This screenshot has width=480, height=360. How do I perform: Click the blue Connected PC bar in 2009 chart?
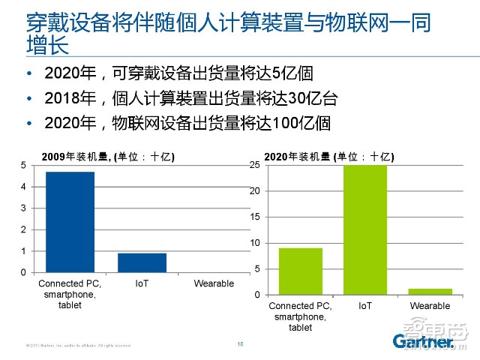pyautogui.click(x=70, y=222)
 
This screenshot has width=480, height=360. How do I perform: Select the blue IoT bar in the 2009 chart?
pyautogui.click(x=142, y=262)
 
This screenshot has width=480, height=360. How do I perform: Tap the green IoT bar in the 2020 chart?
pyautogui.click(x=366, y=229)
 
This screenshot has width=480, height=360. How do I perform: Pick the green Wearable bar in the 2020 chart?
pyautogui.click(x=430, y=291)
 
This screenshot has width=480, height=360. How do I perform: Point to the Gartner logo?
pyautogui.click(x=423, y=342)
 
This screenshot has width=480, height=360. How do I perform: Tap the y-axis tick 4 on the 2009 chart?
pyautogui.click(x=22, y=187)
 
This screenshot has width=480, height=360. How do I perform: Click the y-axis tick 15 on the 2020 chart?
pyautogui.click(x=255, y=217)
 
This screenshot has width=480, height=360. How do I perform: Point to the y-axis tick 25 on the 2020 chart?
pyautogui.click(x=255, y=165)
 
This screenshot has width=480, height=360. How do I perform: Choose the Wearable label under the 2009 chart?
pyautogui.click(x=214, y=283)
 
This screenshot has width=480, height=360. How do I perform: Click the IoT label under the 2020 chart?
pyautogui.click(x=365, y=306)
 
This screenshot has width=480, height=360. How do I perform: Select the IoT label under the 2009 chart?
pyautogui.click(x=142, y=283)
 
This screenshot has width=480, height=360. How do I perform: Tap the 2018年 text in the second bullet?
pyautogui.click(x=65, y=98)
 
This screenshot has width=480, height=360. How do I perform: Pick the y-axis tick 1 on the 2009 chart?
pyautogui.click(x=22, y=251)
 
